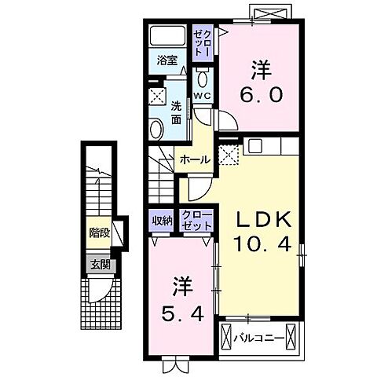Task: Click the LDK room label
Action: coord(262,218)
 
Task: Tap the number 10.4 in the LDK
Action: coord(262,245)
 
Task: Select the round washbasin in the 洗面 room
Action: coord(156,129)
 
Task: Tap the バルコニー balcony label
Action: coord(259,338)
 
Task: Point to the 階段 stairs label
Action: coord(99,232)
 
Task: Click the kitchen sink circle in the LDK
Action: coord(254,146)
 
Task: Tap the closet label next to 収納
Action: coord(196,221)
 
